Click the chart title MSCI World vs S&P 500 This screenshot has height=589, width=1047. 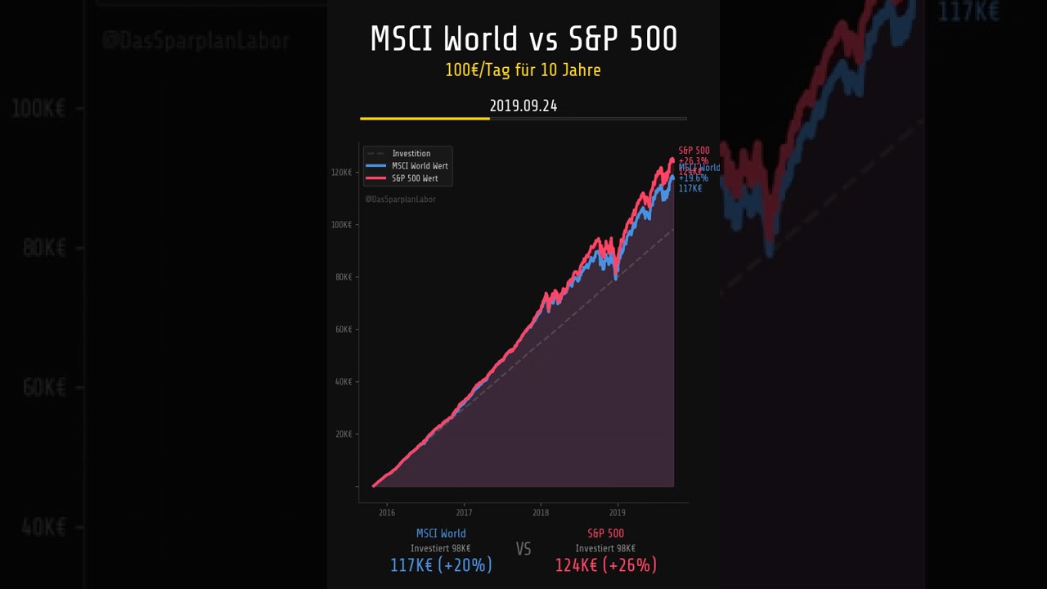523,39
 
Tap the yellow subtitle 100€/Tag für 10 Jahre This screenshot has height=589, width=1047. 523,70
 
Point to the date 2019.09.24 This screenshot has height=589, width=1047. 523,106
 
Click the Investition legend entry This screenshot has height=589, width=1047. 411,154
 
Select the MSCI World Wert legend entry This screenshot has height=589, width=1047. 420,166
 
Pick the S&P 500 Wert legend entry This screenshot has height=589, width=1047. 414,178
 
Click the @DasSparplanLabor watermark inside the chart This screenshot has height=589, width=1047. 400,199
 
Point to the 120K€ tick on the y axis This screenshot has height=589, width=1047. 342,173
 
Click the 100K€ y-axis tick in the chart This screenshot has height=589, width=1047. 342,225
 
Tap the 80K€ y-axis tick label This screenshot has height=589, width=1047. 344,277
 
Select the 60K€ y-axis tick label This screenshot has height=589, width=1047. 344,330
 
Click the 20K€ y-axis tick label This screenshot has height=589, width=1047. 344,434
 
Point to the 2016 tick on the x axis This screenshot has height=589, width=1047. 387,513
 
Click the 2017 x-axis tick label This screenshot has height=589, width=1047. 464,513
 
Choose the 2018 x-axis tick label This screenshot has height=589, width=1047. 541,513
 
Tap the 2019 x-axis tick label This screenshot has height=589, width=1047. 618,513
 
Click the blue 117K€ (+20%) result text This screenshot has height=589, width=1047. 441,565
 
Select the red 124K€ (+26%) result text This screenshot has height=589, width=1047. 605,565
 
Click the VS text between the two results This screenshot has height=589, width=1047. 523,549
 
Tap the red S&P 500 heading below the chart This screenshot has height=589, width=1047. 605,533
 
